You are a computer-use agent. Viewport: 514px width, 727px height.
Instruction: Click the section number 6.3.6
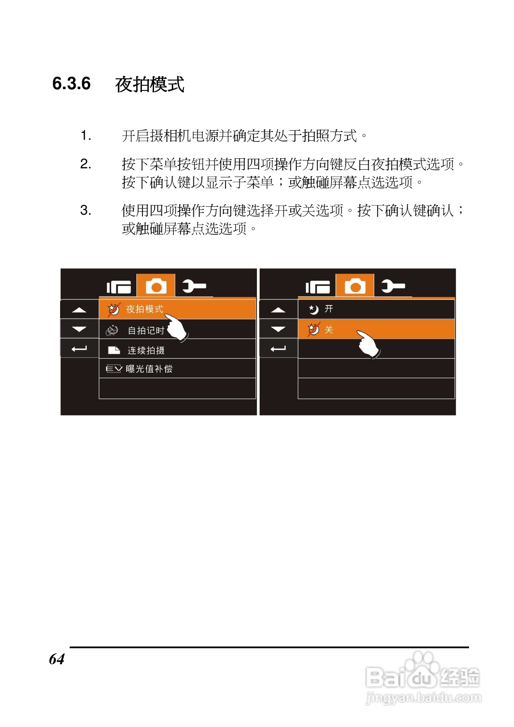pyautogui.click(x=71, y=84)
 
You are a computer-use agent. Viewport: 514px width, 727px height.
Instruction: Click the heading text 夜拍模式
pyautogui.click(x=150, y=84)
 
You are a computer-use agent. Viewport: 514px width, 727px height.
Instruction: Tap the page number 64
pyautogui.click(x=57, y=659)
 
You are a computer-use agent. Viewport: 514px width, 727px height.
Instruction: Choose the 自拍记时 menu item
pyautogui.click(x=146, y=331)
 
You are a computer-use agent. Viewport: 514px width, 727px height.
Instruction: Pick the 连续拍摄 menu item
pyautogui.click(x=146, y=350)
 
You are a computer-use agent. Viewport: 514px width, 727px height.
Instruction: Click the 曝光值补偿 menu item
pyautogui.click(x=149, y=369)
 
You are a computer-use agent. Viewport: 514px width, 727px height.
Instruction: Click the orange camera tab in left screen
pyautogui.click(x=156, y=286)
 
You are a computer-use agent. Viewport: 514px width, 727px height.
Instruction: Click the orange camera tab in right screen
pyautogui.click(x=355, y=286)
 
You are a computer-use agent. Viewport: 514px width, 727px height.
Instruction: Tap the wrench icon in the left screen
pyautogui.click(x=194, y=286)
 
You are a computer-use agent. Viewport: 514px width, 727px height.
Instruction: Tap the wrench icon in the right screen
pyautogui.click(x=393, y=286)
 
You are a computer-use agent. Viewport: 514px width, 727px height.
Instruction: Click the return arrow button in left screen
pyautogui.click(x=79, y=349)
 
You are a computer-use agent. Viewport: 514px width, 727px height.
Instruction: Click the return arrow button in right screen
pyautogui.click(x=278, y=349)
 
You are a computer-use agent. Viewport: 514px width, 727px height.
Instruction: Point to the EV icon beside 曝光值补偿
pyautogui.click(x=114, y=369)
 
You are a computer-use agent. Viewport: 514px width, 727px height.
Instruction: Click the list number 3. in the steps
pyautogui.click(x=86, y=211)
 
